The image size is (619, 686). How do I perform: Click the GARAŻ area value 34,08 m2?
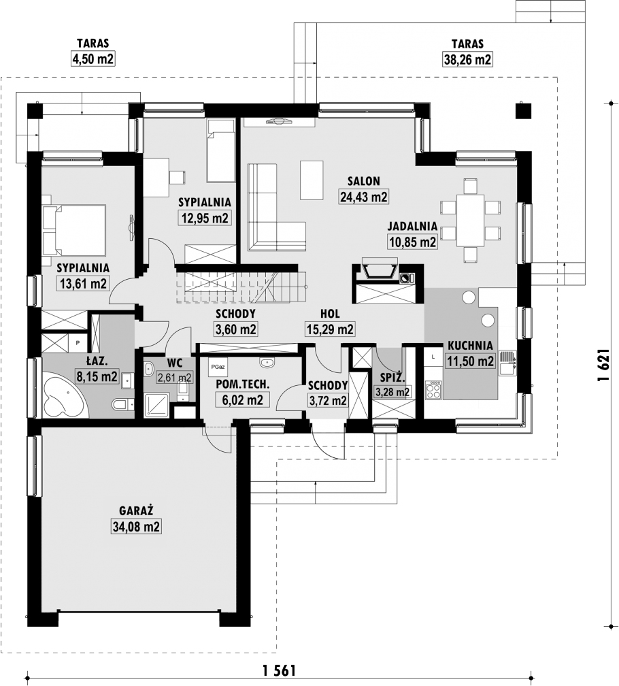click(x=137, y=526)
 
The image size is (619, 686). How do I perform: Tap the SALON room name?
click(x=364, y=181)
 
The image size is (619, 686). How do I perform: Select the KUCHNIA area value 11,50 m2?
click(x=470, y=361)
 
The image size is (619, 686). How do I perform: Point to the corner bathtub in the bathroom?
click(x=65, y=396)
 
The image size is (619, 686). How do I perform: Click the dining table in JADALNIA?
click(x=470, y=221)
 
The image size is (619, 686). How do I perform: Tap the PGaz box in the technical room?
click(x=217, y=367)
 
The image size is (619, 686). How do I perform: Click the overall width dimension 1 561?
click(x=280, y=670)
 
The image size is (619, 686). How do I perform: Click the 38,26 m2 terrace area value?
click(x=468, y=59)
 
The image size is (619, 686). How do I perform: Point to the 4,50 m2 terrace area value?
click(x=93, y=59)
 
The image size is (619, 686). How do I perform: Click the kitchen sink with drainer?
click(x=508, y=363)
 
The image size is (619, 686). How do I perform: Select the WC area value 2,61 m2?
click(x=174, y=377)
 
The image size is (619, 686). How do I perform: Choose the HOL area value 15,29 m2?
click(x=330, y=329)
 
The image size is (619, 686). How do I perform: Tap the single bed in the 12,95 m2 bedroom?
click(x=221, y=151)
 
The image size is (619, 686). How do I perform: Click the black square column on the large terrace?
click(x=522, y=111)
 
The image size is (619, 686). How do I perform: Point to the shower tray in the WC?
click(x=156, y=405)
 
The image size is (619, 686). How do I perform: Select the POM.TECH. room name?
click(x=243, y=384)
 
